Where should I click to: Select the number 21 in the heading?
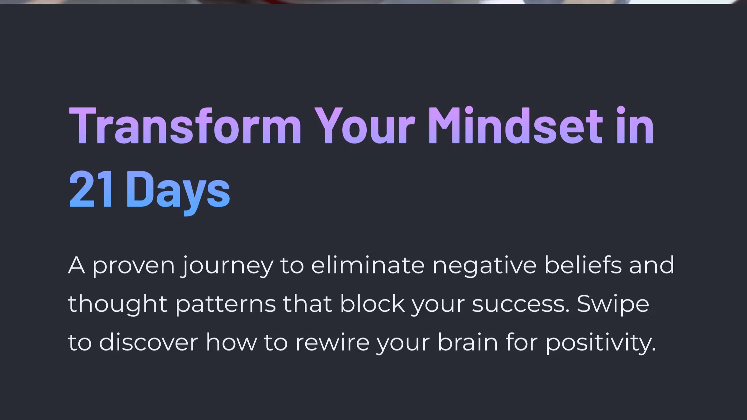pos(91,189)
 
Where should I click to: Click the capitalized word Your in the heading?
pos(365,126)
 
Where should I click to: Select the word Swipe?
pos(613,304)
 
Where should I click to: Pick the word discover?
pos(148,342)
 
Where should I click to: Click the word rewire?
pos(332,342)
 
